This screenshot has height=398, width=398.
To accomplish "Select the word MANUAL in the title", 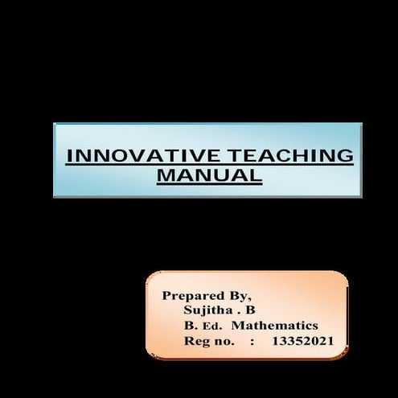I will (209, 174).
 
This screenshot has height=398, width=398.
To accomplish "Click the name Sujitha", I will (207, 310).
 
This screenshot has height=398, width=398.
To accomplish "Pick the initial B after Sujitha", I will (250, 310).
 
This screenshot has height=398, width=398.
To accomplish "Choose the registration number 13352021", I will (303, 341).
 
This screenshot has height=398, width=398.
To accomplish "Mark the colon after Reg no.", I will (252, 342).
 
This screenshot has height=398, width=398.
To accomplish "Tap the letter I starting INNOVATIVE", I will (68, 155).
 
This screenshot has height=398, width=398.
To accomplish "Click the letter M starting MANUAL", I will (166, 174).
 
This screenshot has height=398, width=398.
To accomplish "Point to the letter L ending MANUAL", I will (256, 174).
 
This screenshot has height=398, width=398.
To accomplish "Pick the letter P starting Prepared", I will (166, 295).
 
